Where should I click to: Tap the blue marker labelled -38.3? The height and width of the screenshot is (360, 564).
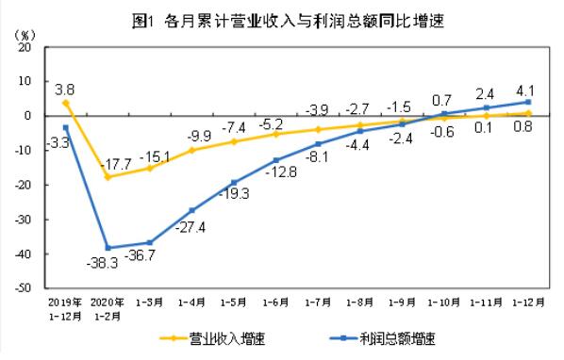108,248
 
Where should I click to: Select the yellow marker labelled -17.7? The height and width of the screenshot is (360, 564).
108,176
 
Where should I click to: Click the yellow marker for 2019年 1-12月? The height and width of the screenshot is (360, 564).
65,102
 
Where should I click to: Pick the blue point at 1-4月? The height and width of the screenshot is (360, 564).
191,210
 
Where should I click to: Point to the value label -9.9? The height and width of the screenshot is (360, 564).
199,135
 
